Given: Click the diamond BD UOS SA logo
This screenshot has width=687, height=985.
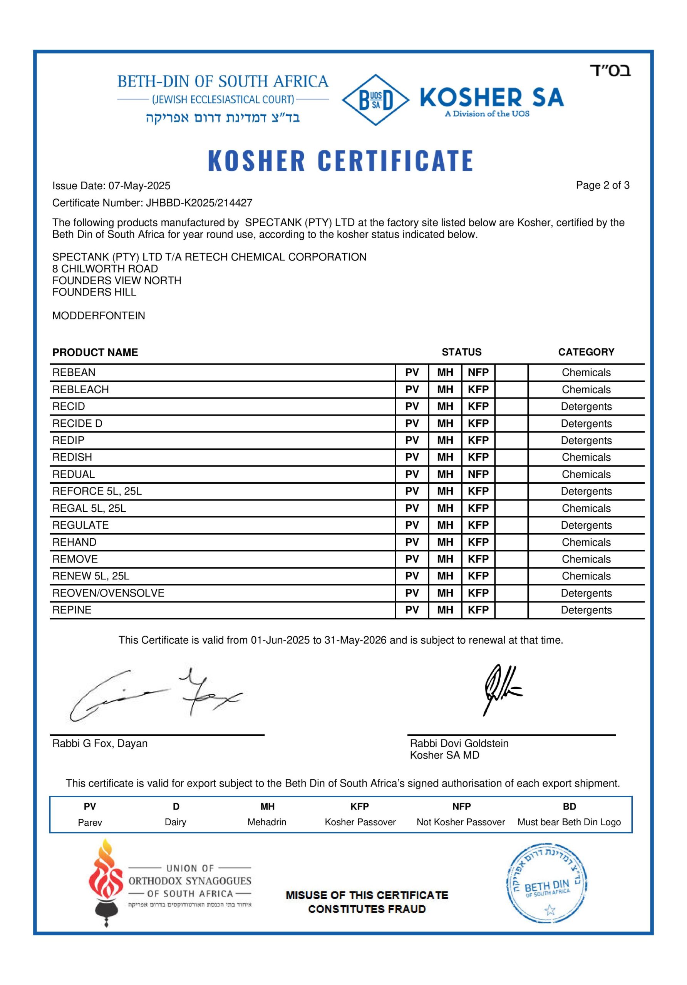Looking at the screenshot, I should pos(375,100).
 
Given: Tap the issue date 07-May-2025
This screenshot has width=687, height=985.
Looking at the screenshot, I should pos(139,186).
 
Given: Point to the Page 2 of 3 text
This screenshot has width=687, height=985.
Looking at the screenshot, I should pos(602,185).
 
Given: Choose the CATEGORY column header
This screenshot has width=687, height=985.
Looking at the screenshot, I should pos(586,352).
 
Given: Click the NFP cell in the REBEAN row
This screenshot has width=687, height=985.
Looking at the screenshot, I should pos(478,372).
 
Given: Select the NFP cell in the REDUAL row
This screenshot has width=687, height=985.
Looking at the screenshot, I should pos(478,474).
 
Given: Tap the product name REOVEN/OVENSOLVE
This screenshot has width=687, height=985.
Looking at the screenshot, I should pos(108,593).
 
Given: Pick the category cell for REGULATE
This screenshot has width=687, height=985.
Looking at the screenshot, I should pos(586,525).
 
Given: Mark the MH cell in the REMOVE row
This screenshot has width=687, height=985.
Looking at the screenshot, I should pos(445,559).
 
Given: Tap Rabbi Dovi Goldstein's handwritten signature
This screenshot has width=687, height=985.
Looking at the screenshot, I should pos(500,688).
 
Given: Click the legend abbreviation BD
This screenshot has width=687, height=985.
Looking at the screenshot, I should pos(569,806).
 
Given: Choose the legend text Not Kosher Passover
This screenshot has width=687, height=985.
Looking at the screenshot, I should pos(461,822).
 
